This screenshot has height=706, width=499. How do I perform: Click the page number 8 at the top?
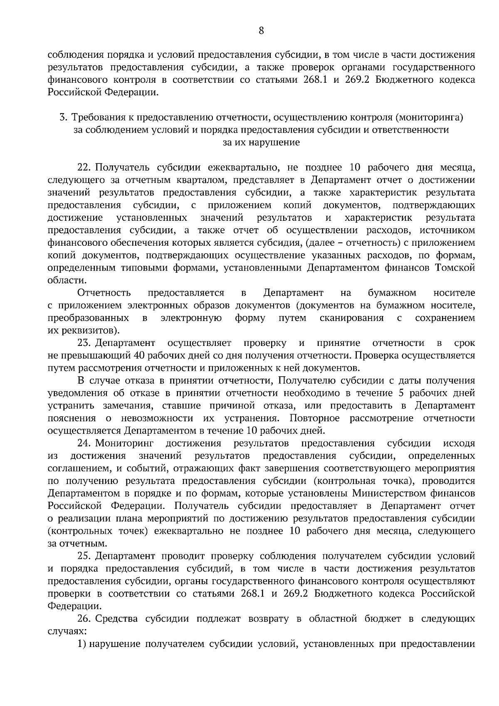point(261,30)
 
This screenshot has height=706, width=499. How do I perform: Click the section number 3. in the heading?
point(64,118)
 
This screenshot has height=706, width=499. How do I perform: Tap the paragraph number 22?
point(84,168)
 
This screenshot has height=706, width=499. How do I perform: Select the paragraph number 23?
point(84,343)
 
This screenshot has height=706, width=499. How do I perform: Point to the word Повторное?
point(315,418)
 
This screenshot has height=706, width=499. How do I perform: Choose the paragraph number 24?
point(84,443)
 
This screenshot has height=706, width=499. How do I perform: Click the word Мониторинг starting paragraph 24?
point(125,443)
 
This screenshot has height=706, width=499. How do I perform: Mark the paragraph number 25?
point(84,556)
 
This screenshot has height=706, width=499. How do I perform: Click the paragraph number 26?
point(84,619)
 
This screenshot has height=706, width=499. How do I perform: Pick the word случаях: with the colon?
point(67,631)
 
